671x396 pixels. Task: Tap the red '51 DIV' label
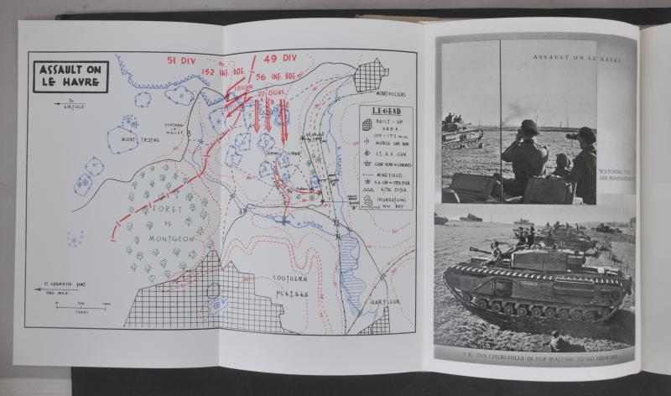click(x=183, y=60)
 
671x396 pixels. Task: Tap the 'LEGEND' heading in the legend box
click(x=387, y=112)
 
